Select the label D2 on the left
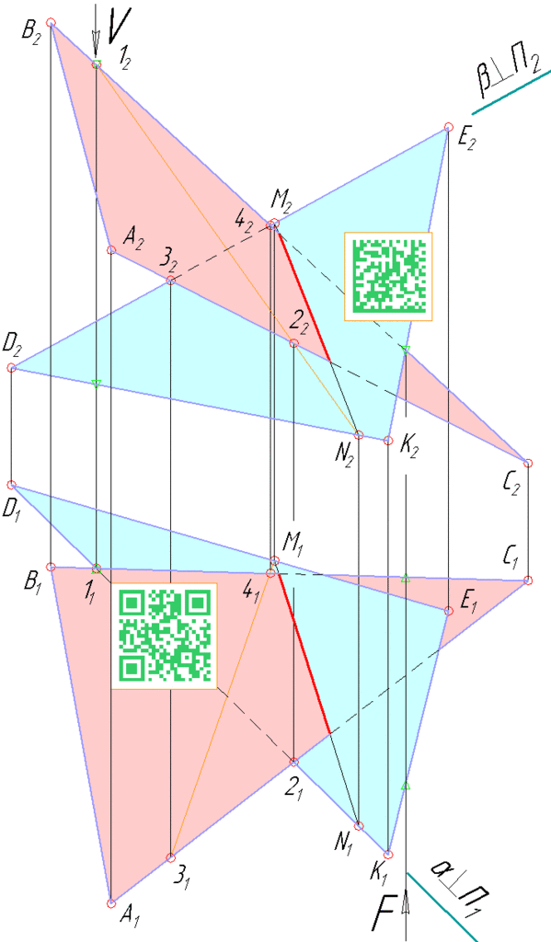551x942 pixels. pos(12,347)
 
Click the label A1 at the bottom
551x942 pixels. pos(131,914)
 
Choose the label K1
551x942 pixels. pos(378,875)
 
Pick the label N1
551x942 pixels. pos(345,844)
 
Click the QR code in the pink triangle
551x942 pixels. pos(164,636)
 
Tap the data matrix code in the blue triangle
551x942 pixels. pos(388,276)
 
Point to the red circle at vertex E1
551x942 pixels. pos(448,611)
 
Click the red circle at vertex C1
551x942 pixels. pos(528,580)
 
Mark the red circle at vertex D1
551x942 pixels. pos(11,485)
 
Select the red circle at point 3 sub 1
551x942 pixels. pos(171,857)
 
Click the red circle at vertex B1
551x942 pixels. pos(52,567)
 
